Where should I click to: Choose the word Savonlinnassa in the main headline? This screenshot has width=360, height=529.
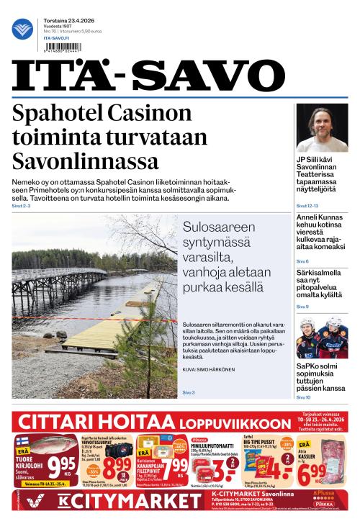pos(86,159)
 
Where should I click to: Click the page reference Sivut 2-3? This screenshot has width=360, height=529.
pos(22,206)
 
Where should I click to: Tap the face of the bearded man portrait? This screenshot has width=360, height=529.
pos(323,125)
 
